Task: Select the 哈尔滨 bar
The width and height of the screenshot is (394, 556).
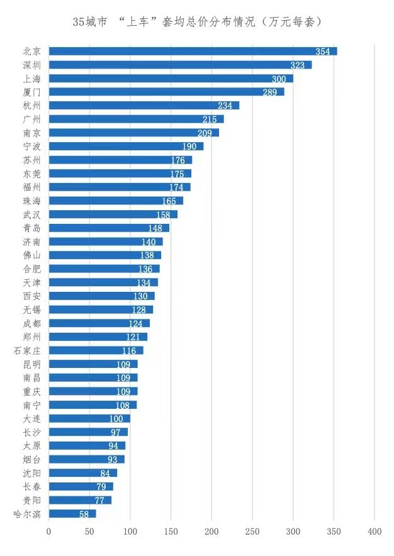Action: pos(72,514)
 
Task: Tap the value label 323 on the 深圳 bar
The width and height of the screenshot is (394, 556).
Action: pos(298,65)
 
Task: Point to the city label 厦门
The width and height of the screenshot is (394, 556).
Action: pos(31,92)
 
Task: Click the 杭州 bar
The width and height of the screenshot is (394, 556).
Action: pos(144,105)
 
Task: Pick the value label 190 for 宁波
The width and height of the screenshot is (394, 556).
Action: pos(190,147)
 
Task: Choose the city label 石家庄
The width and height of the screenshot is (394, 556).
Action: pos(27,350)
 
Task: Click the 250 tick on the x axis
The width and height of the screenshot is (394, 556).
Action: pos(252,531)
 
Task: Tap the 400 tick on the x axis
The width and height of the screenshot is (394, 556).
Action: pos(374,531)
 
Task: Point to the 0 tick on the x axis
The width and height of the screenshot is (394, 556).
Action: pos(49,531)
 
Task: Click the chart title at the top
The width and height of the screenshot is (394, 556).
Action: pos(197,21)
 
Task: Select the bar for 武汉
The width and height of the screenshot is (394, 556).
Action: pos(113,214)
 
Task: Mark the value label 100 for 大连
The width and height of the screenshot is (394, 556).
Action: pos(116,419)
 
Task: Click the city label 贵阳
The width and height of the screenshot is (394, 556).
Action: pos(31,500)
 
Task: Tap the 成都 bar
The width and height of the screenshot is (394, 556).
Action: pos(99,323)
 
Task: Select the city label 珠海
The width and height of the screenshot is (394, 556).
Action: pos(31,201)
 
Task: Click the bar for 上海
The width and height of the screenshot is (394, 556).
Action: pos(171,79)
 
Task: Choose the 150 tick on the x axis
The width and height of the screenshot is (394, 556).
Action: pos(171,531)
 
